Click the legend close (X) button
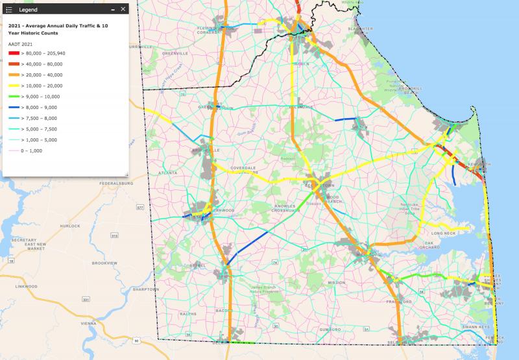tap(123, 10)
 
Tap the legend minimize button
tap(112, 10)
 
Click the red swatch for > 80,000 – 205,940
tap(14, 53)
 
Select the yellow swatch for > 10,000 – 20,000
tap(14, 85)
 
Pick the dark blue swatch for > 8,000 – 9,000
tap(14, 106)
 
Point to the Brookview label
tap(104, 263)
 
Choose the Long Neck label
tap(444, 232)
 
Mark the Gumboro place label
tap(330, 330)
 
